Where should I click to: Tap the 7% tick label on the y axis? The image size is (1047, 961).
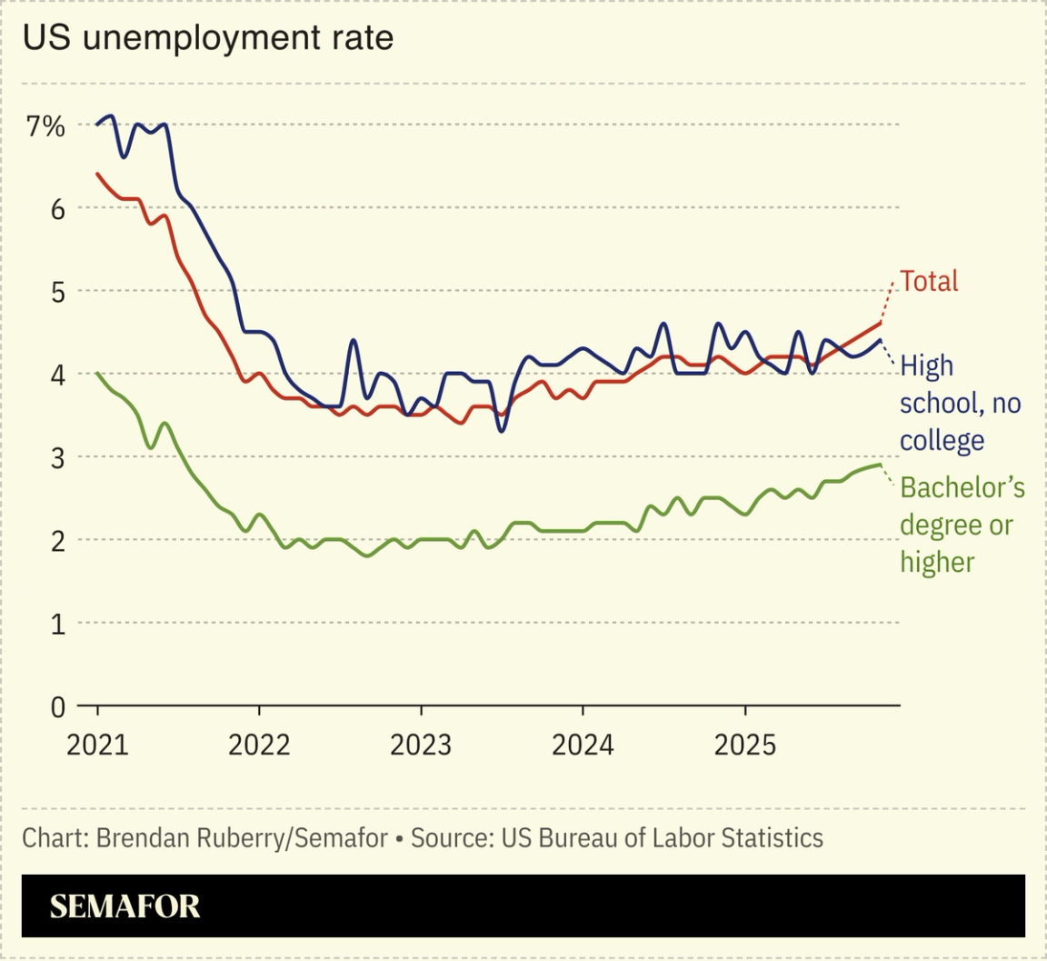(x=45, y=126)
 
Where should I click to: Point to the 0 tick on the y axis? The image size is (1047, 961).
(x=57, y=706)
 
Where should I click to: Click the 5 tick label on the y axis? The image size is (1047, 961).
(x=57, y=292)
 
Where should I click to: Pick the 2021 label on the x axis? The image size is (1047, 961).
(x=97, y=746)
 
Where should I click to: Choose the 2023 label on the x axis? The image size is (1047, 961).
(x=421, y=746)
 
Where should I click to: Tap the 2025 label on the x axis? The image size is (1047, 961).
(x=744, y=746)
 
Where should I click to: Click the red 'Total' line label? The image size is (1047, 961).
(x=929, y=281)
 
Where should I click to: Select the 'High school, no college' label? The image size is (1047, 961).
(x=960, y=403)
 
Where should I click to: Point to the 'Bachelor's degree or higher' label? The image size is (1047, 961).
(x=962, y=525)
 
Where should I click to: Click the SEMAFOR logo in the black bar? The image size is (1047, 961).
(x=125, y=906)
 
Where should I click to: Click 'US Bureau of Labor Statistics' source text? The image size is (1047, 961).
(x=662, y=837)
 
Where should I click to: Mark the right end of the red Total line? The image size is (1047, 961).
(x=881, y=323)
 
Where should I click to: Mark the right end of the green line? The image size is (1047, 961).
(x=881, y=465)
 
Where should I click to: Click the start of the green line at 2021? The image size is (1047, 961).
(x=97, y=373)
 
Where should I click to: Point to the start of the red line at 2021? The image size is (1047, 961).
(x=97, y=173)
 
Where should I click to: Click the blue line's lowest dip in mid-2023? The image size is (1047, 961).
(x=502, y=430)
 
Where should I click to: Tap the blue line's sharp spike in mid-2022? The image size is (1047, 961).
(x=354, y=340)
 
